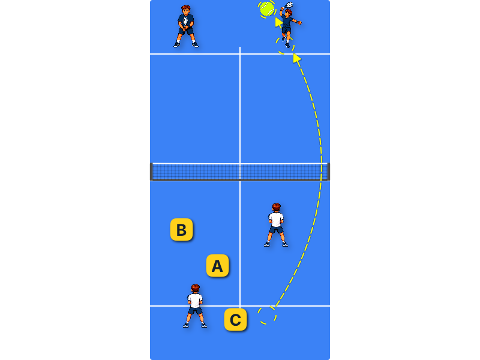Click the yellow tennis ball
coord(267,9)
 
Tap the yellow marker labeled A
coord(217,265)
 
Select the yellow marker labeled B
coord(182,230)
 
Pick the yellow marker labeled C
coord(235,320)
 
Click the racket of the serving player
coord(289,5)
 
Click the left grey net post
coord(151,172)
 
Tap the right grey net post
coord(328,172)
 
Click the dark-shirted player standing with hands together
coord(186,26)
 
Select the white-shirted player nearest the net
coord(276,224)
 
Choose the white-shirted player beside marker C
coord(195,306)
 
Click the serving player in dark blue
coord(288,26)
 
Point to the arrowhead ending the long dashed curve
coord(296,58)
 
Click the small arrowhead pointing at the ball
coord(278,22)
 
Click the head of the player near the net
coord(276,207)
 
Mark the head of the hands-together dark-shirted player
coord(186,9)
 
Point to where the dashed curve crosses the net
coord(322,172)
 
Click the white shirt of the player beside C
coord(195,301)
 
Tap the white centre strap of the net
coord(240,172)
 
